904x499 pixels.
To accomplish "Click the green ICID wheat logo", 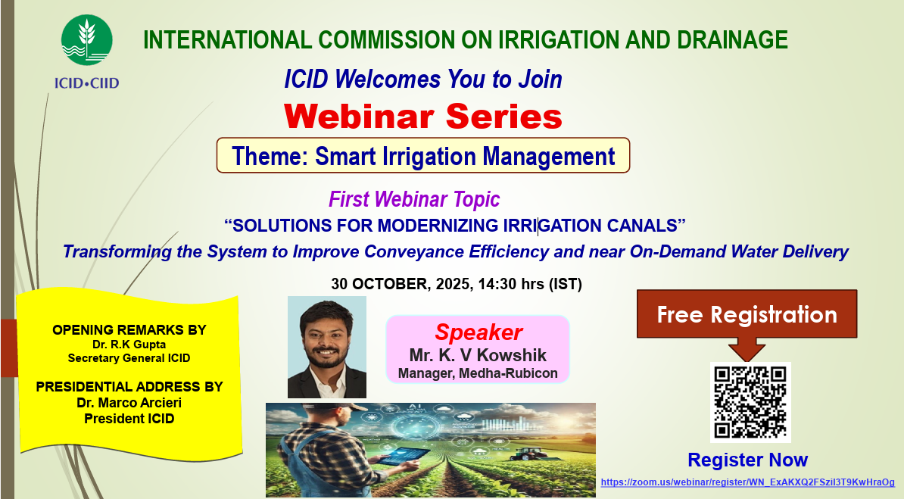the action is click(x=86, y=40).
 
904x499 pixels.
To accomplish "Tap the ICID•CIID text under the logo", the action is click(x=86, y=83).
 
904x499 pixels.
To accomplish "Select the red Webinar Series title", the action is click(x=423, y=117).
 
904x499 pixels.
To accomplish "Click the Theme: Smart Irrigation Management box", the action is click(x=423, y=155).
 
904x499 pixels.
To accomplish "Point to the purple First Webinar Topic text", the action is click(x=414, y=200).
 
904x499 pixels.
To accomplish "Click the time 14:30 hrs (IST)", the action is click(x=530, y=284).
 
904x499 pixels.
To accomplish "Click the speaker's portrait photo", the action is click(x=327, y=348).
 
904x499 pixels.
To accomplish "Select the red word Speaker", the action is click(x=478, y=332).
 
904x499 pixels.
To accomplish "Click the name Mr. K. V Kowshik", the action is click(x=478, y=355).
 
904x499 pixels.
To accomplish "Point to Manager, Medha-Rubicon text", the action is click(x=478, y=373).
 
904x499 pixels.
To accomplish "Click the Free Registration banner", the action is click(x=747, y=314).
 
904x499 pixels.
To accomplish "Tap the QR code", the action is click(x=750, y=402).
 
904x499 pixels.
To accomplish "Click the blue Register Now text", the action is click(x=748, y=460).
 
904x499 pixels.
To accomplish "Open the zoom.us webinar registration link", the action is click(x=748, y=482).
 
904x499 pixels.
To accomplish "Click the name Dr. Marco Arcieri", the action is click(x=129, y=403).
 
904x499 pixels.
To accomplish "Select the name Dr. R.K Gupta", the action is click(x=129, y=345).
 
